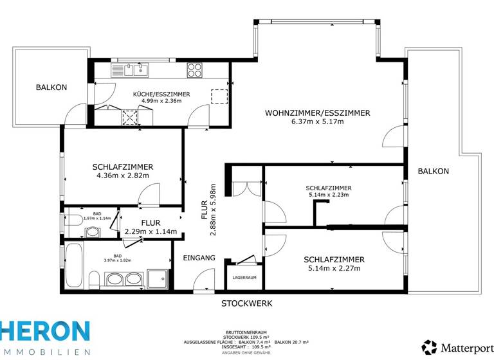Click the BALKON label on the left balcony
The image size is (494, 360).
[x=51, y=87]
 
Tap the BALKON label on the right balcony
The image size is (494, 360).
[x=433, y=171]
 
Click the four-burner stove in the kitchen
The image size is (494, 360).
[x=195, y=69]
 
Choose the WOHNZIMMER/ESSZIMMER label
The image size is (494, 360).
[x=317, y=113]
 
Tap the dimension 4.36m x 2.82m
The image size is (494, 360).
[x=122, y=175]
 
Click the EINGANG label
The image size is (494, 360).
[x=199, y=258]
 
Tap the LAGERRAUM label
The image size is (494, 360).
[x=244, y=278]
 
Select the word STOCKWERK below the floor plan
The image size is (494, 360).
[x=247, y=303]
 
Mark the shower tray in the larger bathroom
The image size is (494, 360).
[x=158, y=278]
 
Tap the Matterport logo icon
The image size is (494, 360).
[x=429, y=347]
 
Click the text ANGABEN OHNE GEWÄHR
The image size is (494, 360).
[x=247, y=353]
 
